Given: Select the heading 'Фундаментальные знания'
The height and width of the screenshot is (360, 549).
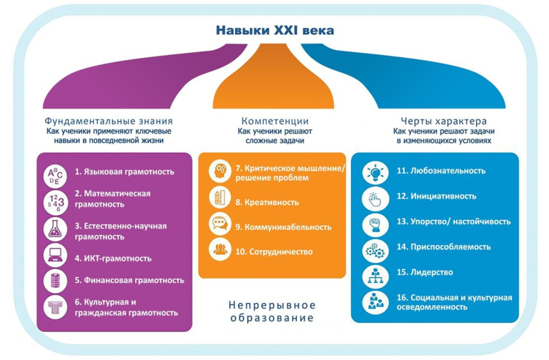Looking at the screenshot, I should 109,121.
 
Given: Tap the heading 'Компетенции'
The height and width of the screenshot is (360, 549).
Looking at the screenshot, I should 274,121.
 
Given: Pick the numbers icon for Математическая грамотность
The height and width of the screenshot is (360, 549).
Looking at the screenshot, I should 54,200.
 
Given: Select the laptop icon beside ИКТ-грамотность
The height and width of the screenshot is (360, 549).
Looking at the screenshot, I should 54,255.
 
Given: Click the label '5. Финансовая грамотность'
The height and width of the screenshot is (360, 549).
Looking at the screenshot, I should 129,280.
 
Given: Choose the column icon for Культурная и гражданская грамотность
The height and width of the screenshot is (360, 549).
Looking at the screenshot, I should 54,307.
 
